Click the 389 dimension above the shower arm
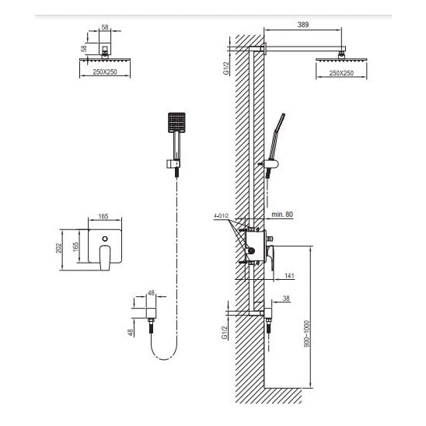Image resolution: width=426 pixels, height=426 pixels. [x=303, y=24]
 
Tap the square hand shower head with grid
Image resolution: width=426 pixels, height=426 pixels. [x=177, y=122]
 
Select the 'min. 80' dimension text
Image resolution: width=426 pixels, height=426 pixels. [x=282, y=215]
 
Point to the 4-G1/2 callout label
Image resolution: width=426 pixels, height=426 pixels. [x=221, y=216]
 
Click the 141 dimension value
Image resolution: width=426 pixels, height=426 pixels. [x=290, y=275]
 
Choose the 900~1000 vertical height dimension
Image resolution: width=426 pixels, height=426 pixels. [x=307, y=334]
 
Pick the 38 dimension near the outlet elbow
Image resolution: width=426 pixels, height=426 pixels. [x=286, y=299]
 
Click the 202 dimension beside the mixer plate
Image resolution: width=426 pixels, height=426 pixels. [x=59, y=248]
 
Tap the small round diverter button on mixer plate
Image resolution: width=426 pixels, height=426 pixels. [x=105, y=239]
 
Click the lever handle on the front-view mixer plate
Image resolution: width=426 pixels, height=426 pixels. [x=105, y=257]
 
